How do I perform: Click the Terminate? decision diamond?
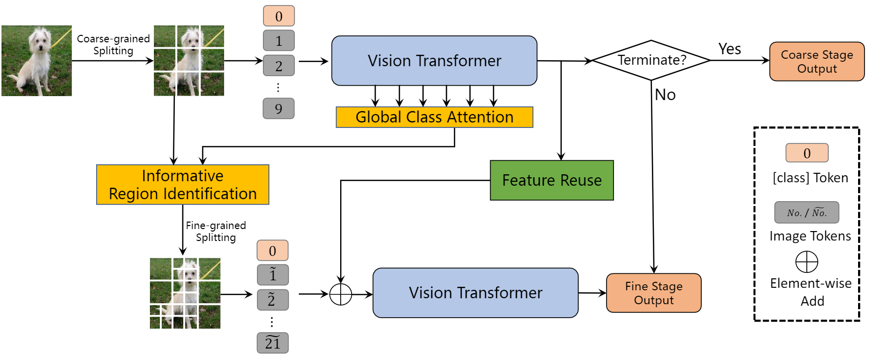pyautogui.click(x=651, y=60)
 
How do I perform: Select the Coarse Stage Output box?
pyautogui.click(x=817, y=62)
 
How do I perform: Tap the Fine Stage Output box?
pyautogui.click(x=653, y=293)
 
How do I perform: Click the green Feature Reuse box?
pyautogui.click(x=552, y=180)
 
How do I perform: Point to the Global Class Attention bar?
pyautogui.click(x=434, y=118)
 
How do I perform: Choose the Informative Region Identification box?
pyautogui.click(x=183, y=185)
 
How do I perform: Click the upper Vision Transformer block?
pyautogui.click(x=434, y=61)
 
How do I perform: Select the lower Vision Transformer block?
pyautogui.click(x=475, y=293)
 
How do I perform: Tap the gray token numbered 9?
pyautogui.click(x=278, y=109)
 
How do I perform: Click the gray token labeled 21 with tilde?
pyautogui.click(x=272, y=343)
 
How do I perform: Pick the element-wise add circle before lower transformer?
pyautogui.click(x=341, y=294)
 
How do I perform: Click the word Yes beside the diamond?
pyautogui.click(x=730, y=49)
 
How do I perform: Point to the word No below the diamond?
pyautogui.click(x=665, y=95)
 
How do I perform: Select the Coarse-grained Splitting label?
pyautogui.click(x=114, y=45)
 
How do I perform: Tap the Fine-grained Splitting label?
pyautogui.click(x=216, y=232)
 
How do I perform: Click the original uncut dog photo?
pyautogui.click(x=37, y=61)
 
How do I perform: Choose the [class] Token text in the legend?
pyautogui.click(x=810, y=178)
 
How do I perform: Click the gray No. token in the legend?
pyautogui.click(x=806, y=213)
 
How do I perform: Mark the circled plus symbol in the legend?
pyautogui.click(x=807, y=262)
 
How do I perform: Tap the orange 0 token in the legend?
pyautogui.click(x=807, y=153)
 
